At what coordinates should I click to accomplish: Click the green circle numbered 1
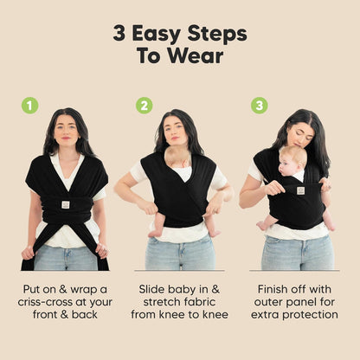30,106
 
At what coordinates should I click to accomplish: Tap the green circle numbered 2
144,106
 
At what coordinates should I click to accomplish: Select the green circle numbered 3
259,106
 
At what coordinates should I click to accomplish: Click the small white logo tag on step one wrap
65,204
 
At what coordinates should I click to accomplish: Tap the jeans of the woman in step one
65,257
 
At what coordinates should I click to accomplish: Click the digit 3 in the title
119,34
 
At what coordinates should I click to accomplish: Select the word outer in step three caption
268,299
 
